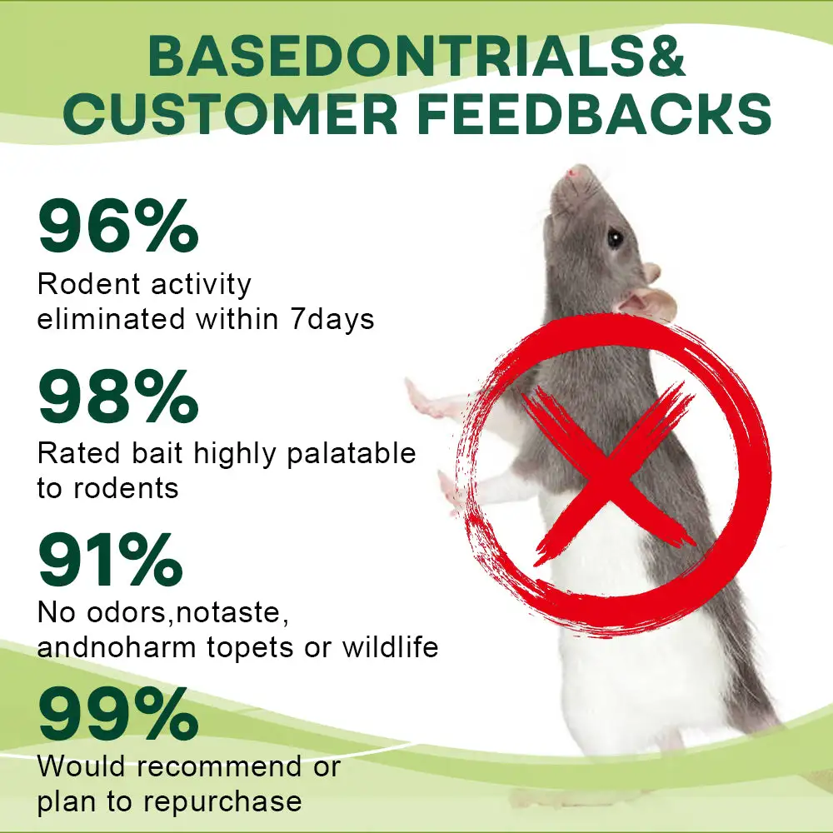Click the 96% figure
point(118,226)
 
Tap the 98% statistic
point(118,397)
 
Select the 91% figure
point(111,560)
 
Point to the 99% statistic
point(118,714)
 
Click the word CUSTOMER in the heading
point(231,113)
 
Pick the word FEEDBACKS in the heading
point(595,113)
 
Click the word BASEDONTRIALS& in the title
point(416,56)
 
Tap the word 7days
point(332,320)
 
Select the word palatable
point(352,454)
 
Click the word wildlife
point(390,646)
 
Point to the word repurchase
point(222,802)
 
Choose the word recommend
point(219,766)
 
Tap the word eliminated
point(111,319)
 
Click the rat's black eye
point(615,237)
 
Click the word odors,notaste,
point(188,612)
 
